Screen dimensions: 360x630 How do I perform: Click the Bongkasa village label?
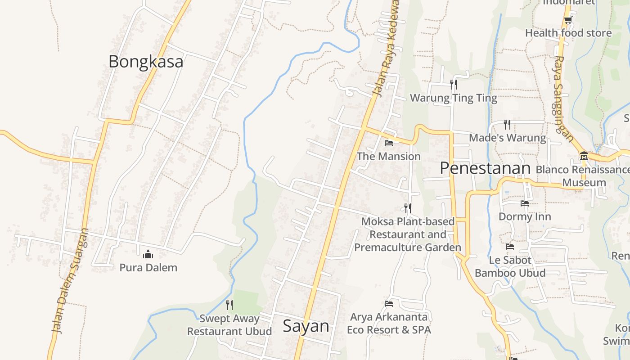(x=146, y=62)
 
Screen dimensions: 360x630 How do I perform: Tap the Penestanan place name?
(x=485, y=168)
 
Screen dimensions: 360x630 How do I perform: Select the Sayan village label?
(x=306, y=326)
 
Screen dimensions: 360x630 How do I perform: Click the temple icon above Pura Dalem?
(x=148, y=255)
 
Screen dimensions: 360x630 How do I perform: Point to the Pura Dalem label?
(x=148, y=267)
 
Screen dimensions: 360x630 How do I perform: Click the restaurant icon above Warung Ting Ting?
(x=454, y=84)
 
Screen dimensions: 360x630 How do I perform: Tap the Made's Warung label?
(x=507, y=138)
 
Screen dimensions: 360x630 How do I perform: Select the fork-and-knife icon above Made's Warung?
(x=507, y=124)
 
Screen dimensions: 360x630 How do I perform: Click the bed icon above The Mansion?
(x=389, y=143)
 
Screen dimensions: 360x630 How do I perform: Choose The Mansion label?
(x=389, y=156)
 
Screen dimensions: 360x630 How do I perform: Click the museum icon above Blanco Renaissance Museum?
(x=584, y=156)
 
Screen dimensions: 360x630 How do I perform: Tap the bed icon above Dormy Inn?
(x=525, y=203)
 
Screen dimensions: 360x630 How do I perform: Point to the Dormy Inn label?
(x=525, y=216)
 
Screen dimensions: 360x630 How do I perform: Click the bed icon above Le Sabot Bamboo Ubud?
(x=510, y=247)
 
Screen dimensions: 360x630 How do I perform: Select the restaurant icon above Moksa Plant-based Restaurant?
(x=408, y=208)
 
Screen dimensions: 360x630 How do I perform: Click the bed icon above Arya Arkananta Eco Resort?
(x=389, y=304)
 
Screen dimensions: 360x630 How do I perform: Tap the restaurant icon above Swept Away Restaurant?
(x=229, y=305)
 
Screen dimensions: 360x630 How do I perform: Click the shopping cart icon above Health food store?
(x=568, y=20)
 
